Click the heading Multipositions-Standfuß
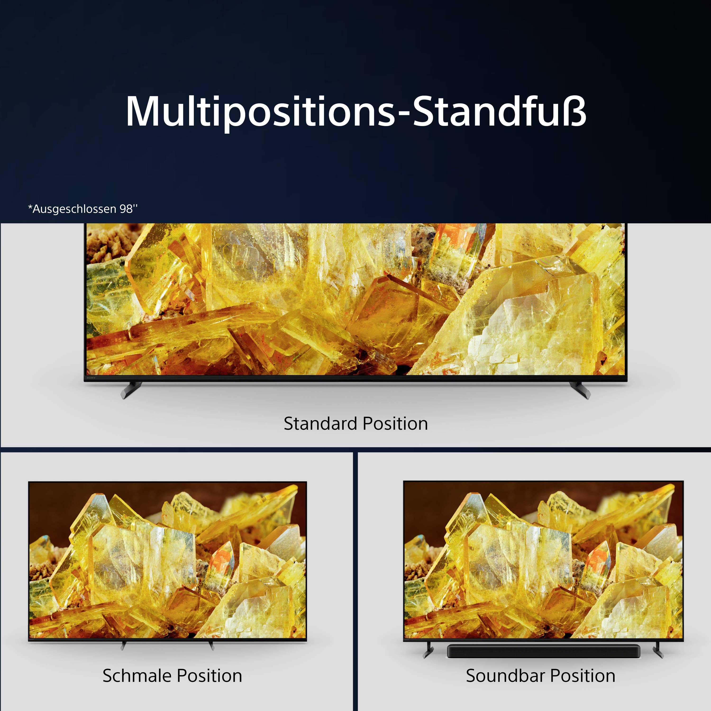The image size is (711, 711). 355,111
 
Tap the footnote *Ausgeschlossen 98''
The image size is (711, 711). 83,209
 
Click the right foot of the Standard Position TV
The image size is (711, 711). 580,390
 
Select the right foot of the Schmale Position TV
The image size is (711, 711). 211,646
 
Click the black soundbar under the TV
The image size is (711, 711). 543,651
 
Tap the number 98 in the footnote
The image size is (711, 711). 126,209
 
